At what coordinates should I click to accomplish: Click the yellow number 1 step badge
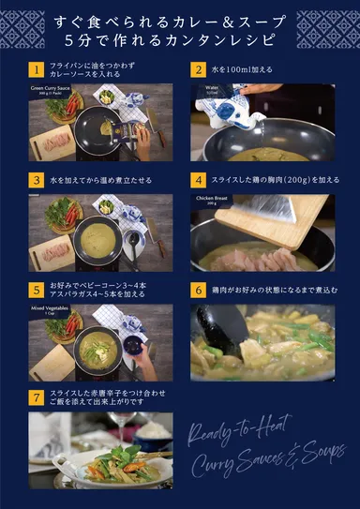(36, 70)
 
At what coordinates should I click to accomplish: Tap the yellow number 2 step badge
(198, 70)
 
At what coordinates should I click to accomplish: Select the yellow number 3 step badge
(36, 179)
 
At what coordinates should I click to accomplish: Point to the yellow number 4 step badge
(198, 179)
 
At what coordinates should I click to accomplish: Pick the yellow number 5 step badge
(36, 290)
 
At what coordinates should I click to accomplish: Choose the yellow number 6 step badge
(198, 290)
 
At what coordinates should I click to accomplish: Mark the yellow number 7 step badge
(36, 398)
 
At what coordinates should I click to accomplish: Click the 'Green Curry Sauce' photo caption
(52, 90)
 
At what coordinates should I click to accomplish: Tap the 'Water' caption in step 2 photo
(212, 89)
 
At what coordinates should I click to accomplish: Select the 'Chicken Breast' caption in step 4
(212, 201)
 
